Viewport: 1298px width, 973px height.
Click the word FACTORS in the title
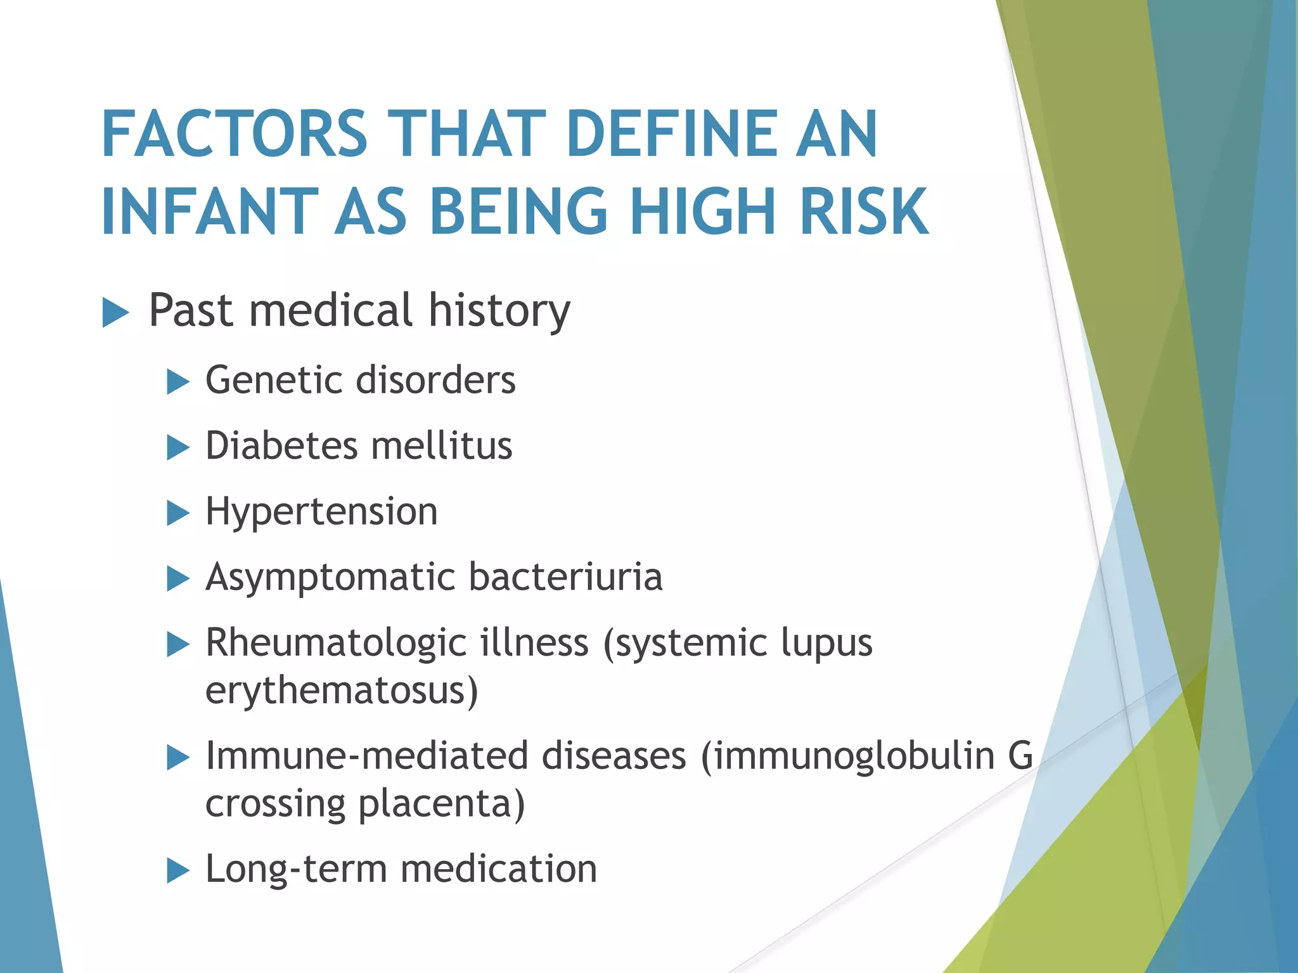(234, 134)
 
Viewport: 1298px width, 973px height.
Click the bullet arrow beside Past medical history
(115, 313)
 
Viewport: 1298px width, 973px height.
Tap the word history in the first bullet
(499, 310)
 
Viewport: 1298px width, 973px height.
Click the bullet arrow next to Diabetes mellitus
(178, 448)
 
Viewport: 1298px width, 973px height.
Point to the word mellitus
(442, 445)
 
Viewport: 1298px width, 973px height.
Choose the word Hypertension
(321, 512)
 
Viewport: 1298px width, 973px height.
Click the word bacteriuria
(565, 577)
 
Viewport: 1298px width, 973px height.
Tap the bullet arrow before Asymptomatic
(178, 579)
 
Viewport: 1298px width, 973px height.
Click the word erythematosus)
(342, 690)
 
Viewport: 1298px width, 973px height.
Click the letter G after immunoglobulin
(1020, 755)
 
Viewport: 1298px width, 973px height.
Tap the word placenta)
(442, 803)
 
